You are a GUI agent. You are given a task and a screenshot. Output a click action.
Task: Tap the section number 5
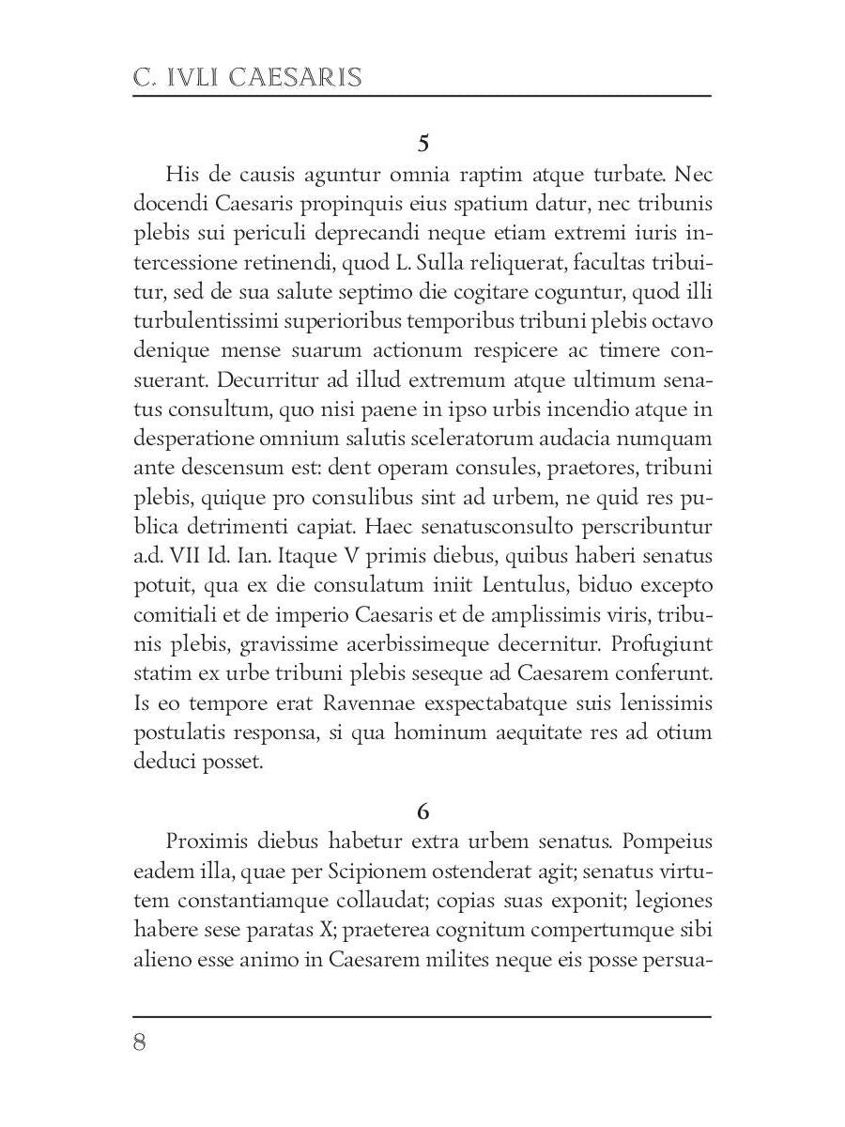point(422,144)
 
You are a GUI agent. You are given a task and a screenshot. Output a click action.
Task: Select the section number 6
point(422,811)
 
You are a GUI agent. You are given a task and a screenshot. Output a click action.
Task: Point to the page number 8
point(140,1043)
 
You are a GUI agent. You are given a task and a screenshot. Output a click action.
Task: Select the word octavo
point(681,321)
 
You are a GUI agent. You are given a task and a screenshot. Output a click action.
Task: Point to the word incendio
point(568,409)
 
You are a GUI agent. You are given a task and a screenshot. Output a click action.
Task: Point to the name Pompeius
point(668,840)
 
